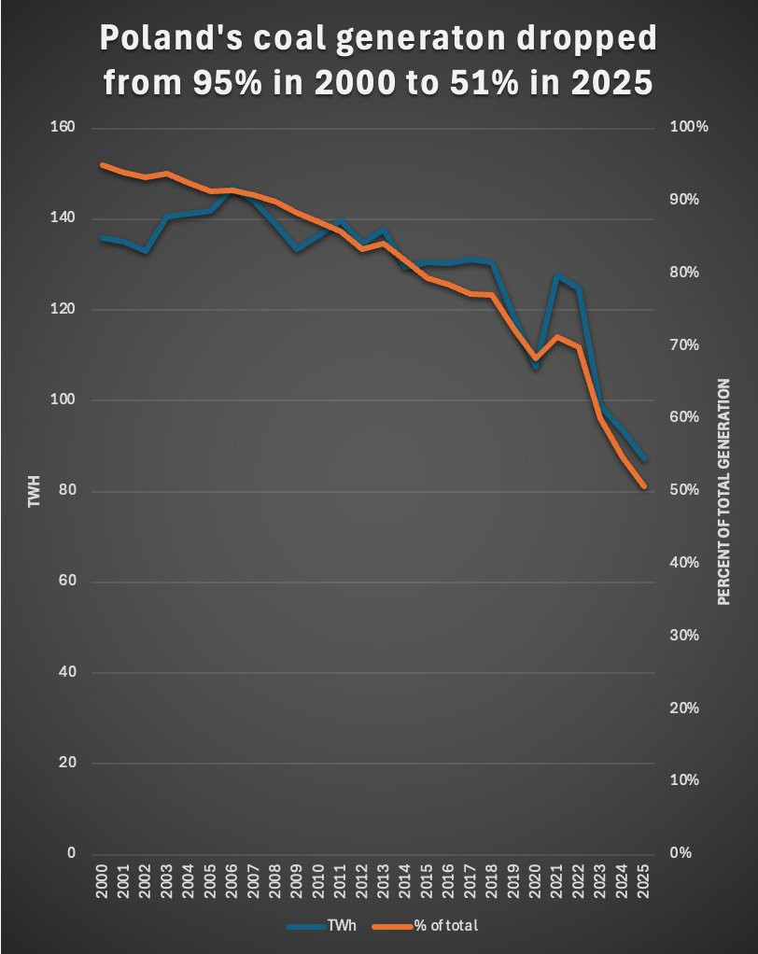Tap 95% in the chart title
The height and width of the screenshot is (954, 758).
(228, 82)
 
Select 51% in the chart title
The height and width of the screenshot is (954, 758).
(484, 82)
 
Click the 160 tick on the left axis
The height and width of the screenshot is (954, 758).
(63, 127)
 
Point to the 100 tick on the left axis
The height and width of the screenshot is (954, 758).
(63, 400)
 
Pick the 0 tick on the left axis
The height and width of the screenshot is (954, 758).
(71, 853)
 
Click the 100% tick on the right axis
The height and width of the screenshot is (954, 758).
(689, 127)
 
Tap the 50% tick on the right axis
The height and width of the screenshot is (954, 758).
(684, 490)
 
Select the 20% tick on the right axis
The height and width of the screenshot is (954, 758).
(684, 708)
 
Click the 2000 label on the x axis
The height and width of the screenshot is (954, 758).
(102, 881)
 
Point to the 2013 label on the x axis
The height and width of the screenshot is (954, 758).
(384, 881)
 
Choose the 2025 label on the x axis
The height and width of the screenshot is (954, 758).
(643, 881)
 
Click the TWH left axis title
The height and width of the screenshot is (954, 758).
(34, 492)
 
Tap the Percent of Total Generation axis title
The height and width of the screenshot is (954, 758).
(723, 492)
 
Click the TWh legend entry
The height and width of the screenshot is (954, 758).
(322, 926)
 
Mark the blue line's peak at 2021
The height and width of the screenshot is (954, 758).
(557, 275)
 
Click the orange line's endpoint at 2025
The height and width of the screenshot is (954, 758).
(643, 486)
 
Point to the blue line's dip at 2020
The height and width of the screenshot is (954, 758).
(535, 367)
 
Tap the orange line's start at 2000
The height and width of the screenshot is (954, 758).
(102, 165)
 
